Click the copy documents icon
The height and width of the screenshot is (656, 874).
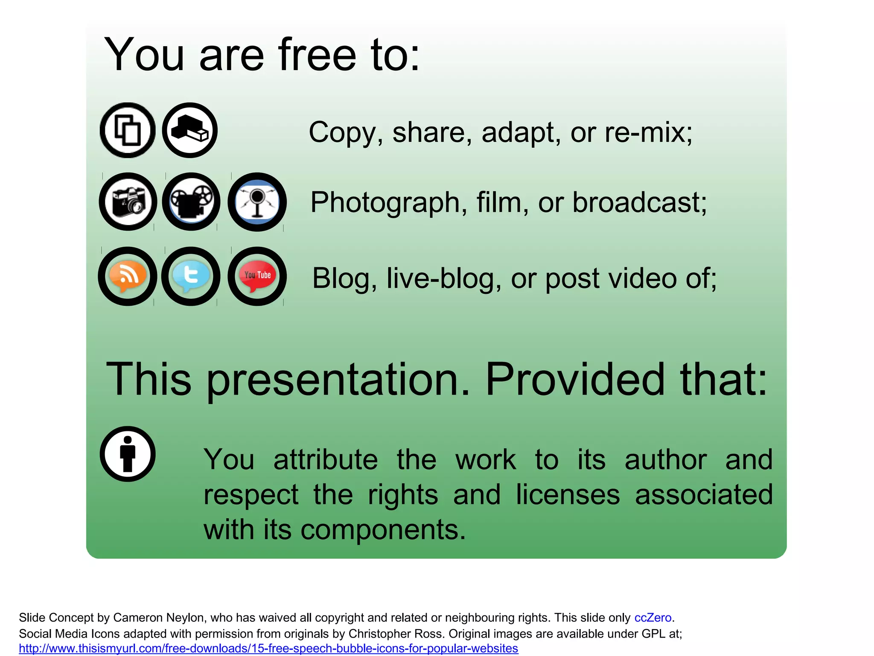pos(128,130)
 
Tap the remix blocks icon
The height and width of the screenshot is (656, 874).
pos(190,130)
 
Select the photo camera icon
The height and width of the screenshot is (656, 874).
pos(128,202)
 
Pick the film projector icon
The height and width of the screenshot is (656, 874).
pos(191,202)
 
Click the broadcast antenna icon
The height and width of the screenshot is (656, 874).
pos(257,202)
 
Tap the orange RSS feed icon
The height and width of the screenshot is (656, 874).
pos(128,276)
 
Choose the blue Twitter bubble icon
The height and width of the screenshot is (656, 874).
pos(191,276)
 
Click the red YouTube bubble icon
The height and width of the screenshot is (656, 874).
pos(257,276)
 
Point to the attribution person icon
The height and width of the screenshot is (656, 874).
pos(128,454)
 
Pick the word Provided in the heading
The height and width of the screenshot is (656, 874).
pos(574,379)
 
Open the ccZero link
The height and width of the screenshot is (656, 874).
pos(653,618)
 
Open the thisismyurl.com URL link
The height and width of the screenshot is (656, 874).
pos(268,648)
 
